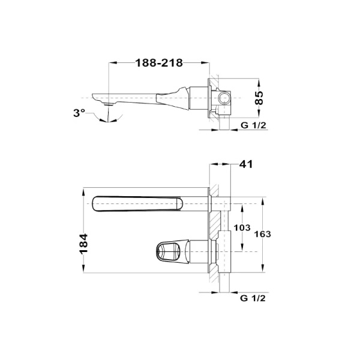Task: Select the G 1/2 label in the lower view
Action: click(252, 297)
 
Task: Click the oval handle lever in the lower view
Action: click(170, 250)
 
